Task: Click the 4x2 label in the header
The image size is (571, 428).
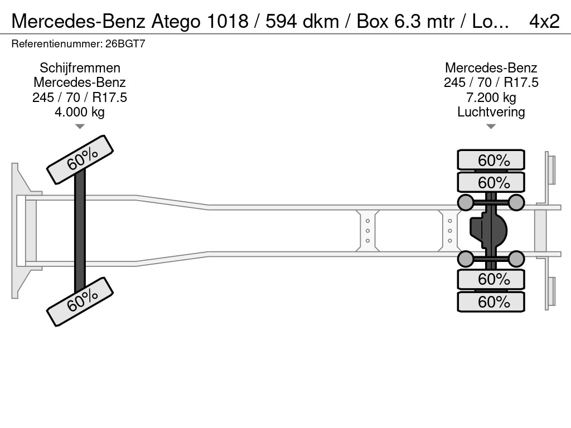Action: coord(544,21)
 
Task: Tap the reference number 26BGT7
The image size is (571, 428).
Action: coord(125,43)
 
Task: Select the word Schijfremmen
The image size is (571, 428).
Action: coord(80,67)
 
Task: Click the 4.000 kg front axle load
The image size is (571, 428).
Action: coord(80,111)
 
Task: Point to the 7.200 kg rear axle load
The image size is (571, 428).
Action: coord(491,97)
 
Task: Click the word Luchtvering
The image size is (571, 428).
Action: coord(491,111)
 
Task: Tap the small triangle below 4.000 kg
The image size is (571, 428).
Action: coord(80,127)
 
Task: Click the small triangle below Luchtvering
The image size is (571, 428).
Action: coord(491,127)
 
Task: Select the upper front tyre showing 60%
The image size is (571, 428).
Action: coord(80,160)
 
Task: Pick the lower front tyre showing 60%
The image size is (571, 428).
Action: coord(80,301)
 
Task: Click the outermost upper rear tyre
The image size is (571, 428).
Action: coord(491,159)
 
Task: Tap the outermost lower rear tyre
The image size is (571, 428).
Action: coord(491,301)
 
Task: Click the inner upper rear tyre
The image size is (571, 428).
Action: coord(491,182)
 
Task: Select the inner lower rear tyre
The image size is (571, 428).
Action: coord(491,279)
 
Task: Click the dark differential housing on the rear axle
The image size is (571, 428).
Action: coord(488,231)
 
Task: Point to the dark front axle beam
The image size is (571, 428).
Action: coord(80,231)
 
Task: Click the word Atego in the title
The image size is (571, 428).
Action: coord(176,22)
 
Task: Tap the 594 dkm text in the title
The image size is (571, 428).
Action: coord(302,22)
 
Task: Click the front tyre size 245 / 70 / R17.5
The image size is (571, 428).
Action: coord(80,97)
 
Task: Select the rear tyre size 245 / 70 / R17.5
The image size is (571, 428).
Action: coord(491,82)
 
